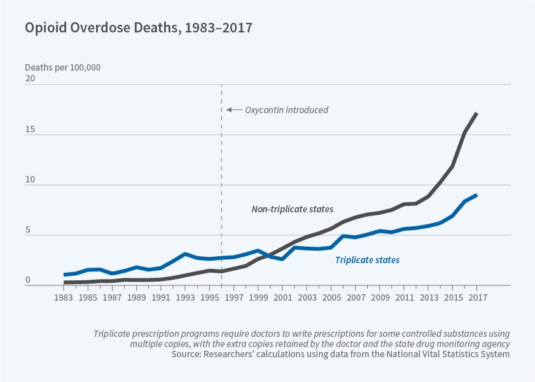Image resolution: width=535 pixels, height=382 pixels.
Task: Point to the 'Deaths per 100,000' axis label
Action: pyautogui.click(x=62, y=67)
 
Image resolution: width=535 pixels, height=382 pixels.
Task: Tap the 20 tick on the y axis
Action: pyautogui.click(x=30, y=79)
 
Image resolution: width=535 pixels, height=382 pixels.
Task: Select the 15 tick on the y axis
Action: pyautogui.click(x=30, y=131)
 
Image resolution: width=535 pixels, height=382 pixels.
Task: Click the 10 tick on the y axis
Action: pyautogui.click(x=30, y=181)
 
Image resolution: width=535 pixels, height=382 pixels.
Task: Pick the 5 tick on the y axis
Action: pyautogui.click(x=28, y=231)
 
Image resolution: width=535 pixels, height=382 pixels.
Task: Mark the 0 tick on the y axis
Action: pyautogui.click(x=28, y=280)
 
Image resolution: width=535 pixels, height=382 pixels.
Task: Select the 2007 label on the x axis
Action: pyautogui.click(x=354, y=297)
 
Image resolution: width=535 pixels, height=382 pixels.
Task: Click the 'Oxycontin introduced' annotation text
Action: pyautogui.click(x=287, y=110)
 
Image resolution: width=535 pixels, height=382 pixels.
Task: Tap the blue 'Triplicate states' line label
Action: pyautogui.click(x=367, y=259)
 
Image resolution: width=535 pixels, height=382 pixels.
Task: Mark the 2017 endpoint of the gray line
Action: pyautogui.click(x=476, y=113)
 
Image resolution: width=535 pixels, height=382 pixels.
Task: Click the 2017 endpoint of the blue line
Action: pyautogui.click(x=476, y=195)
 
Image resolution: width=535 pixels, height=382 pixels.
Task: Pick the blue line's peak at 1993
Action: pyautogui.click(x=185, y=254)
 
